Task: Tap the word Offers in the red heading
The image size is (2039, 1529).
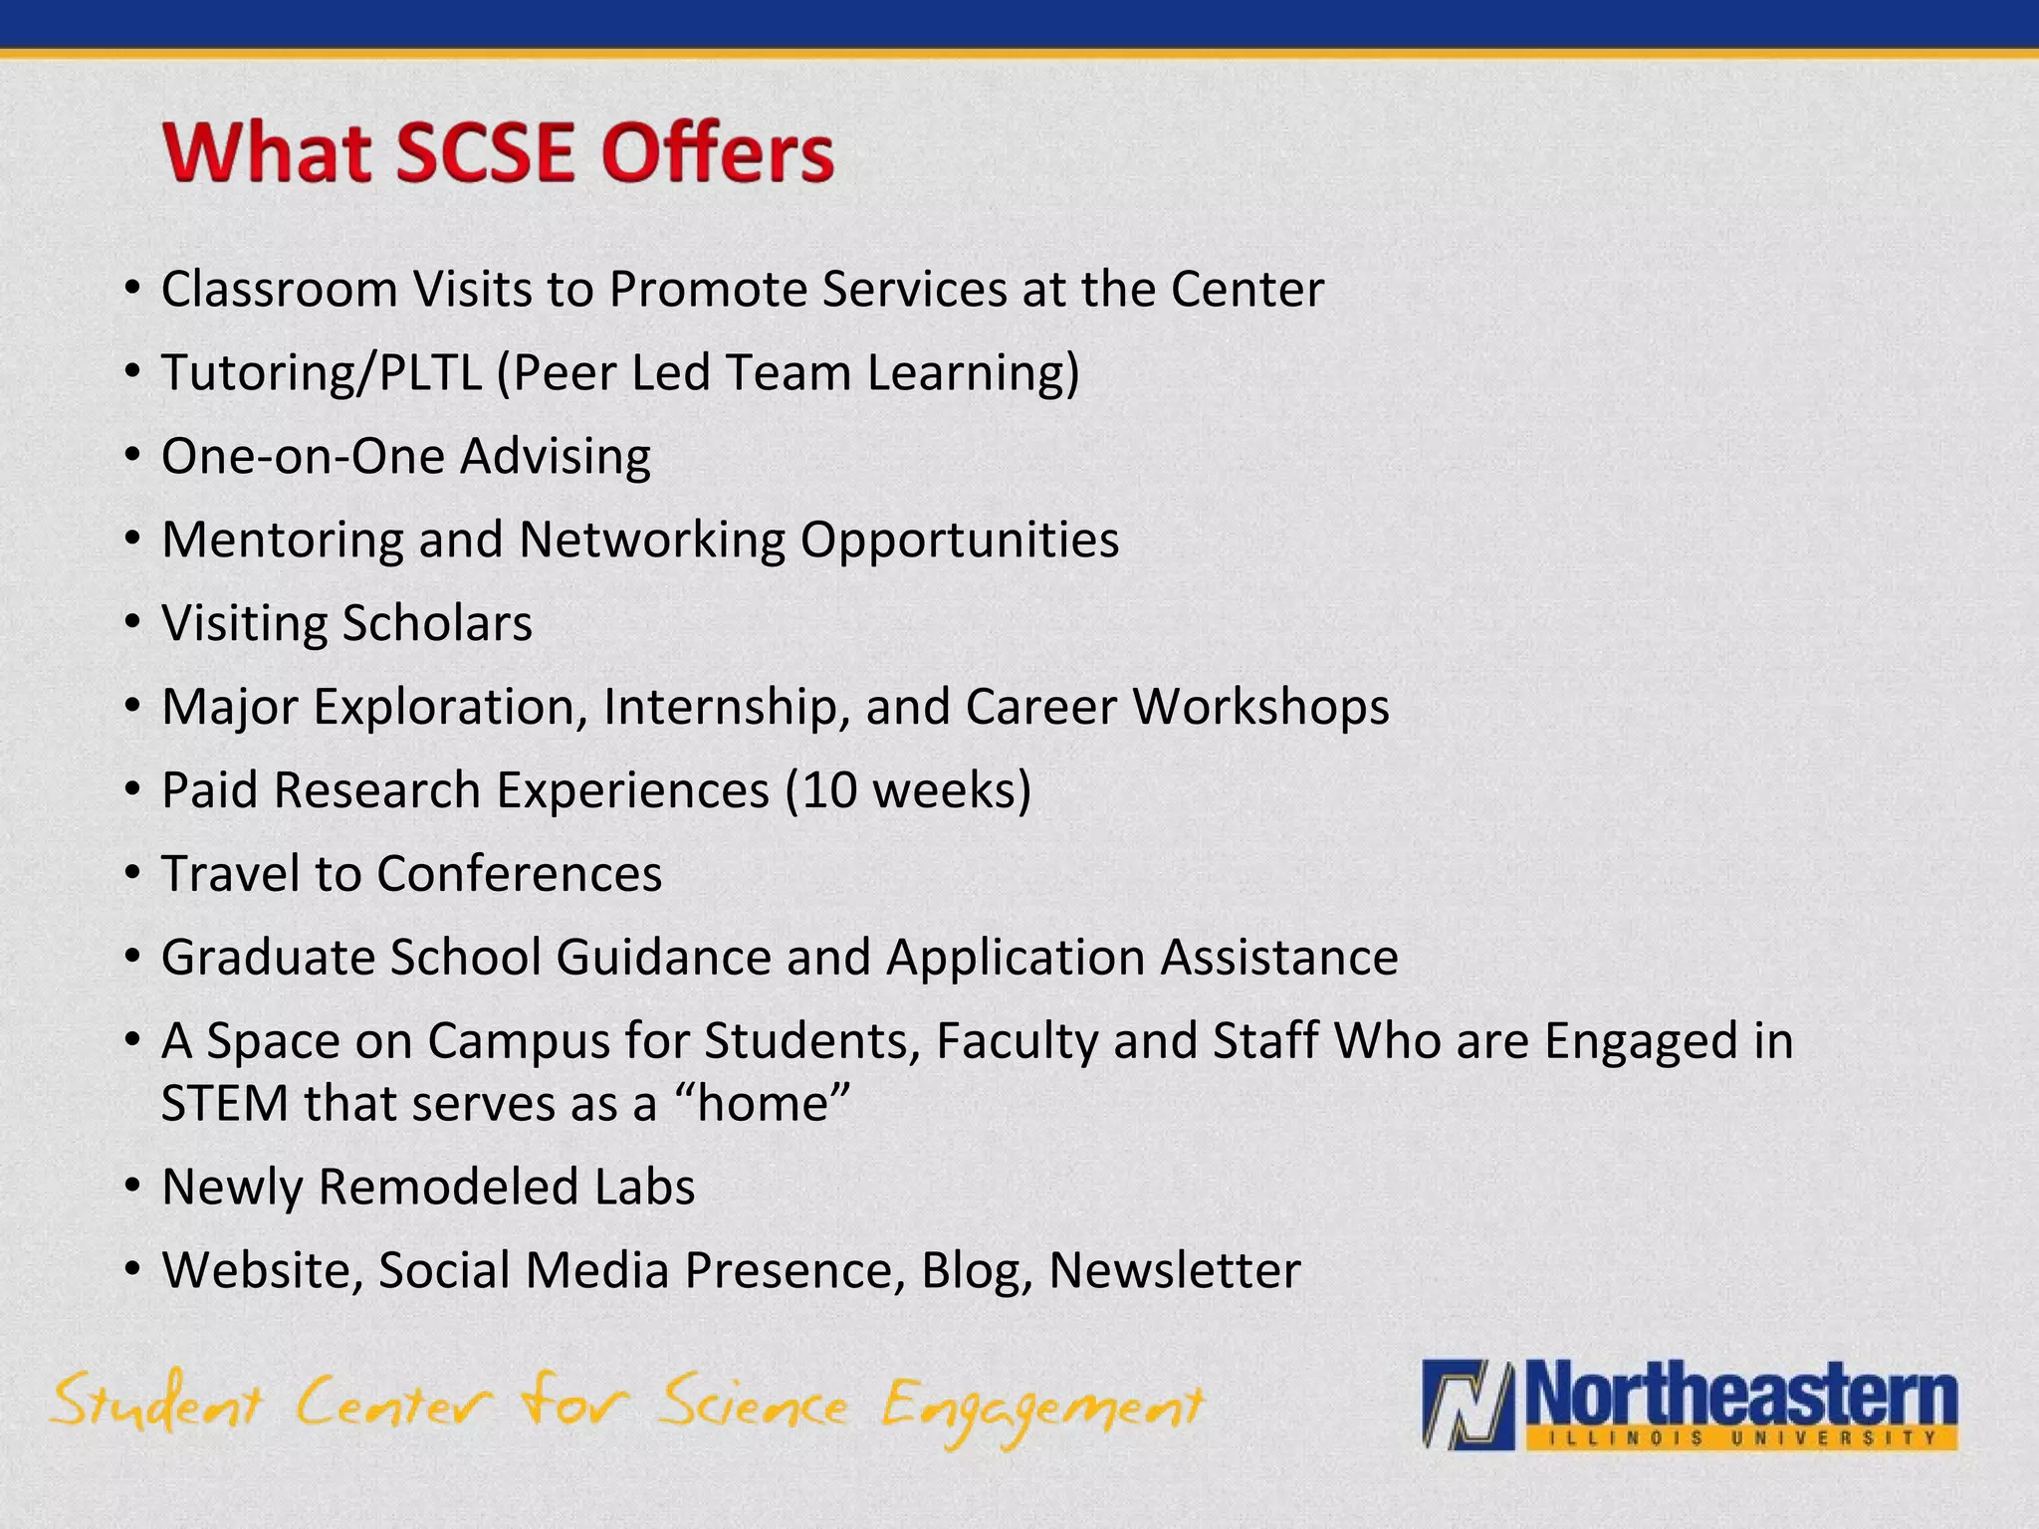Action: pyautogui.click(x=717, y=153)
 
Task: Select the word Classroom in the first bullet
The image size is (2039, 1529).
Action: pyautogui.click(x=280, y=290)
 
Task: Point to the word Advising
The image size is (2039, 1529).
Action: pyautogui.click(x=555, y=457)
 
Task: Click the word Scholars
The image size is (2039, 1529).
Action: pyautogui.click(x=437, y=624)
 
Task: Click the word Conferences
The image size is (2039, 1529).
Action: pyautogui.click(x=519, y=874)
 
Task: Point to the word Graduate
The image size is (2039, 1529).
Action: pyautogui.click(x=268, y=958)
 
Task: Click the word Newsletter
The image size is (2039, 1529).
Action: pyautogui.click(x=1175, y=1271)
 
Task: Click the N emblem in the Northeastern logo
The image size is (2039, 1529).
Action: pyautogui.click(x=1468, y=1405)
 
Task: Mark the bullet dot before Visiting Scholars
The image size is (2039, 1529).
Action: pyautogui.click(x=133, y=624)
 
